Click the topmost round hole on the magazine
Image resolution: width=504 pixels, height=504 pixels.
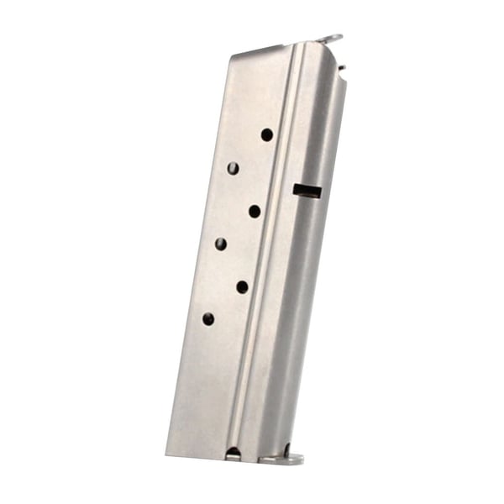tap(267, 134)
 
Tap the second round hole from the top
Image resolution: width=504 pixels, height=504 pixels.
tap(233, 168)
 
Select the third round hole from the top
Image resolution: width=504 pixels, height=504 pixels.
tap(255, 211)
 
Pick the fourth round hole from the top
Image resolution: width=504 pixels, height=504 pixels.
tap(221, 244)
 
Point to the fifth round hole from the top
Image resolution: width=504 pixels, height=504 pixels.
tap(242, 286)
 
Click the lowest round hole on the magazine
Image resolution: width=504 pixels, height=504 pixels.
tap(208, 319)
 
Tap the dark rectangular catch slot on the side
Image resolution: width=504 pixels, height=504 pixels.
tap(307, 191)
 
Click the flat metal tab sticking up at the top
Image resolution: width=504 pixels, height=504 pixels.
tap(330, 39)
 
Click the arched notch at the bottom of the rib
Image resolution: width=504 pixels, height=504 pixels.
tap(233, 454)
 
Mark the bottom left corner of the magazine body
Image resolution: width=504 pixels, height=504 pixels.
tap(168, 454)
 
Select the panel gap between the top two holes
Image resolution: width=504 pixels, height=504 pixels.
tap(250, 151)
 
